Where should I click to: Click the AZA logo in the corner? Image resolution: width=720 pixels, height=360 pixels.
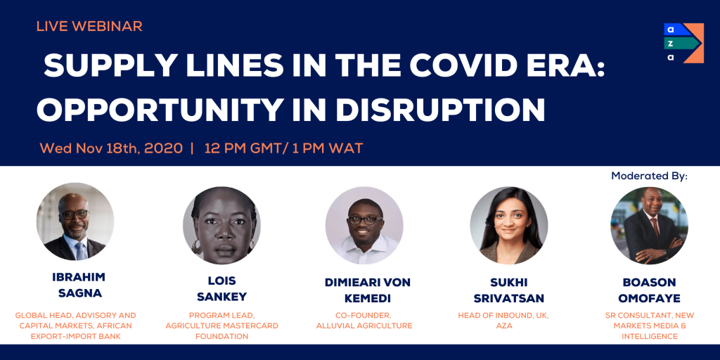[x=683, y=43]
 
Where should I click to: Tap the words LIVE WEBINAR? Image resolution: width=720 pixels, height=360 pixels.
[x=89, y=26]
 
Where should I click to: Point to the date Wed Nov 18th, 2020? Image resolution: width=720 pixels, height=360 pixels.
[x=111, y=148]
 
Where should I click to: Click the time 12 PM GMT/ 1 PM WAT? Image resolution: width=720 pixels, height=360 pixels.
[x=284, y=148]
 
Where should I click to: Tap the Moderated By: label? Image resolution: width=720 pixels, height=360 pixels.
[x=649, y=176]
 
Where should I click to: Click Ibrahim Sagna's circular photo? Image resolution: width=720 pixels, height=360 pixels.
[x=75, y=221]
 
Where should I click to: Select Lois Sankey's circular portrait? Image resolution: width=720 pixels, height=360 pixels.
[x=221, y=226]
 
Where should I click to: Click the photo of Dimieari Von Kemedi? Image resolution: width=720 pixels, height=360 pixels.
[x=365, y=226]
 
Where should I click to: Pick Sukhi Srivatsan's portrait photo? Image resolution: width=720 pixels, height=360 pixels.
[x=509, y=226]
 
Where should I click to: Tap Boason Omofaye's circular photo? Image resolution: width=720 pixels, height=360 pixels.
[x=649, y=226]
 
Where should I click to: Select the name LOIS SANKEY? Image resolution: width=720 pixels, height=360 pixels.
[x=222, y=289]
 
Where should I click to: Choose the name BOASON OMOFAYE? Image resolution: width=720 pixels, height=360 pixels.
[x=649, y=290]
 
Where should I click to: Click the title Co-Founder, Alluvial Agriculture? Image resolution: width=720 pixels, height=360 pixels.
[x=365, y=321]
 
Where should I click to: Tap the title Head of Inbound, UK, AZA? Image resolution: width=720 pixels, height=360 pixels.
[x=503, y=321]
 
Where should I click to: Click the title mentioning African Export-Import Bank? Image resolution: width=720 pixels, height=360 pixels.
[x=75, y=326]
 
